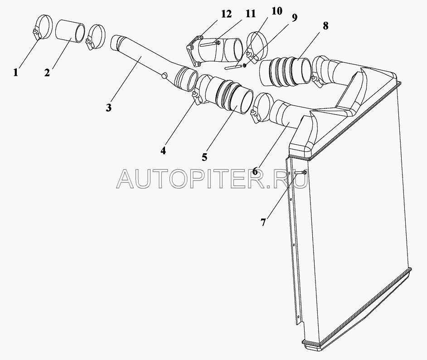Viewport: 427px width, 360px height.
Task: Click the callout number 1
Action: click(x=15, y=73)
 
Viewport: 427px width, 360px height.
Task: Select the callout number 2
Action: click(x=47, y=73)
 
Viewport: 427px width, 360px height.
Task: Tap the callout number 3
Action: click(x=109, y=108)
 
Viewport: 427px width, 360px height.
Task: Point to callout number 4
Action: click(x=163, y=151)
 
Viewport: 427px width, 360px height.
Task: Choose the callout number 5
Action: click(x=204, y=157)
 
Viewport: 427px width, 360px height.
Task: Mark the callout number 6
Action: click(x=255, y=171)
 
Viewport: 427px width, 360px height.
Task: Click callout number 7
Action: click(x=263, y=223)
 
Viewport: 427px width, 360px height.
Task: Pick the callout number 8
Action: click(x=325, y=26)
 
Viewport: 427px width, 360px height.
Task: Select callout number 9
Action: click(x=294, y=18)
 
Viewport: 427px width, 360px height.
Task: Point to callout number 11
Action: click(x=250, y=14)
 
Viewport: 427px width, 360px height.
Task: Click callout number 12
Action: click(x=226, y=14)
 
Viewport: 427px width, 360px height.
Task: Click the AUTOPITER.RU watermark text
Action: click(x=212, y=179)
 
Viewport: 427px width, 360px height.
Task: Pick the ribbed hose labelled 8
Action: click(x=285, y=71)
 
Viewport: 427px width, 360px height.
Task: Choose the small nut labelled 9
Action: click(x=245, y=65)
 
